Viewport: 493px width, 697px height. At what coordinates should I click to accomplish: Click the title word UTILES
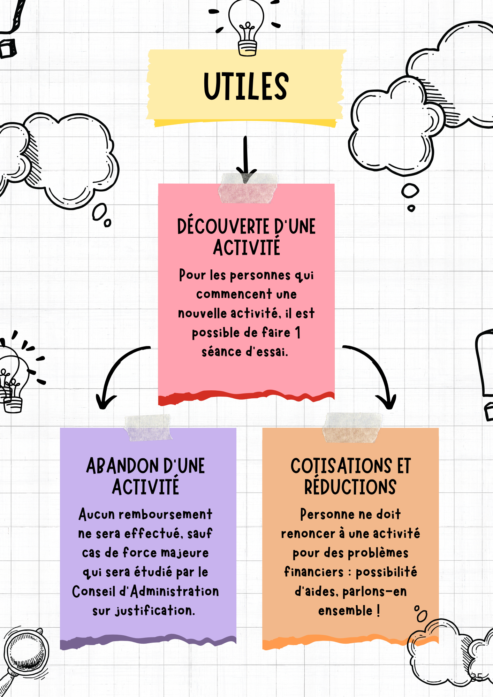(246, 86)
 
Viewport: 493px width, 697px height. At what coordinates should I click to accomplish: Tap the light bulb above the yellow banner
(247, 26)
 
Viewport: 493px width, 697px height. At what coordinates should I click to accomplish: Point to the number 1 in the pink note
(298, 332)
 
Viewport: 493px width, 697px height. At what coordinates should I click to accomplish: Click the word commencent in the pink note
(234, 294)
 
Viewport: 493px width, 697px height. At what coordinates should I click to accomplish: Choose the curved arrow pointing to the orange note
(377, 373)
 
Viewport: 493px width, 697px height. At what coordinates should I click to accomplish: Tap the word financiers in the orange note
(314, 572)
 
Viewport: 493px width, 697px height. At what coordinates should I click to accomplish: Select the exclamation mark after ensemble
(378, 611)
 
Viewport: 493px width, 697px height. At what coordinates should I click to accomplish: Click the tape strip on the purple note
(148, 428)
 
